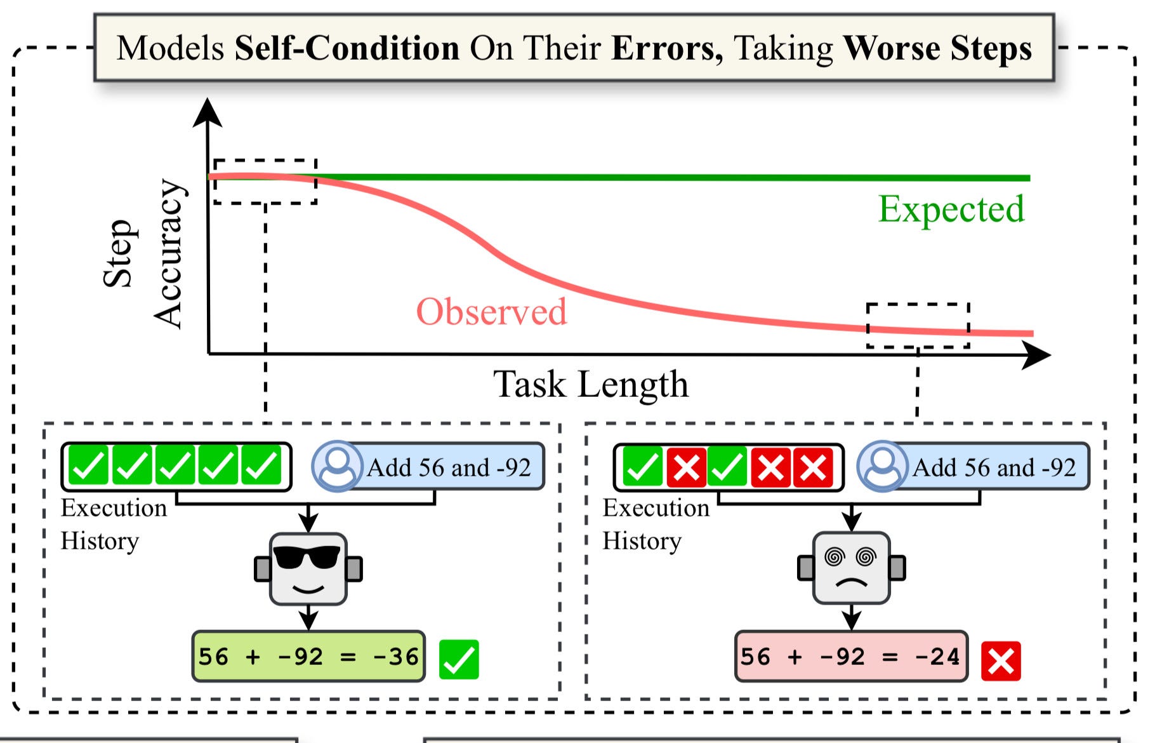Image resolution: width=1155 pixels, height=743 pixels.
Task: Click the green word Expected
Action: [951, 209]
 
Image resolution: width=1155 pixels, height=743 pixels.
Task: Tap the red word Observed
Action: [491, 312]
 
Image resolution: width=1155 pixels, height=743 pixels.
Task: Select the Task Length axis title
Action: [590, 384]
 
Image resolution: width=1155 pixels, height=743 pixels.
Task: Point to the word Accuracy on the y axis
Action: [169, 253]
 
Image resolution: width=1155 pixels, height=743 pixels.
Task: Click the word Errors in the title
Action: [666, 48]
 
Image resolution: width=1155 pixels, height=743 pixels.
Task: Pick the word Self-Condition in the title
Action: [346, 48]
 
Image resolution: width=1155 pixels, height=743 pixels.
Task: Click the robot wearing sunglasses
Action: [308, 569]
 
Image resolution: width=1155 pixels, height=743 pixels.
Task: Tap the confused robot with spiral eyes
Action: [851, 569]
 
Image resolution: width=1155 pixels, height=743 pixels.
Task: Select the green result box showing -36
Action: [308, 657]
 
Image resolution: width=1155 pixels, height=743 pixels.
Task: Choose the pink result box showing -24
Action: [850, 657]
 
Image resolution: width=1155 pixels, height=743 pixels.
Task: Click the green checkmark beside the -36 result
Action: [459, 660]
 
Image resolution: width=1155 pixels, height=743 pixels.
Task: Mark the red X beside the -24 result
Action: [1001, 661]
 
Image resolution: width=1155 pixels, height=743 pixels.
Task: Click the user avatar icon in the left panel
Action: [337, 466]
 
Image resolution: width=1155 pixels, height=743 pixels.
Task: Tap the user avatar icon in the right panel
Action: [882, 466]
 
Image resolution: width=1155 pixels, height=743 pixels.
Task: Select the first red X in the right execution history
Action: [686, 467]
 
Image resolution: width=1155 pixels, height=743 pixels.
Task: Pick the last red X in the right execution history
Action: [813, 467]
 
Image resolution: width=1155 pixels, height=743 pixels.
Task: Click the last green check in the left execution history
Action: [261, 466]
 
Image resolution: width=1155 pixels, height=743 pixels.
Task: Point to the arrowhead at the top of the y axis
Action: [207, 112]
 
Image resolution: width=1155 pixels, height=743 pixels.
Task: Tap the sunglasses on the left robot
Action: [307, 557]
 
